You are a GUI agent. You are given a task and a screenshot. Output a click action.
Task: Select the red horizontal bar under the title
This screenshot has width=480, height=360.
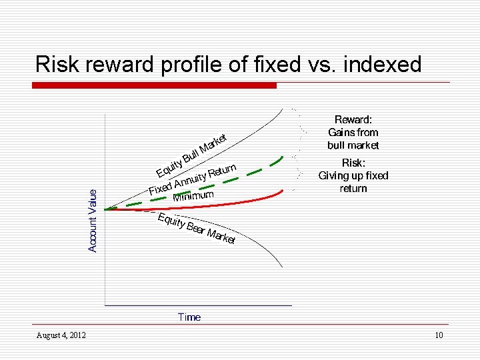[x=155, y=85]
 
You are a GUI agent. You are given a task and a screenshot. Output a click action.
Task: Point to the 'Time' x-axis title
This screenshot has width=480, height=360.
[x=189, y=317]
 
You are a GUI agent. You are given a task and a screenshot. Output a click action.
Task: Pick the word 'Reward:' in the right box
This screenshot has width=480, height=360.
[x=353, y=119]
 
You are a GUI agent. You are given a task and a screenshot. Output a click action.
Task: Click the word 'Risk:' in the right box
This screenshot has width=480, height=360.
[x=353, y=163]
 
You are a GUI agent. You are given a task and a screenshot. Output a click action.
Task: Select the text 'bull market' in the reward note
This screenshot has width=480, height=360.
[x=353, y=145]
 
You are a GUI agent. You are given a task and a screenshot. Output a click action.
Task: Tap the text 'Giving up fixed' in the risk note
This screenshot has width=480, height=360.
[x=353, y=175]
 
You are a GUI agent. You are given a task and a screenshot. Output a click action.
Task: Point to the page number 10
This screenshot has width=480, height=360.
[x=438, y=335]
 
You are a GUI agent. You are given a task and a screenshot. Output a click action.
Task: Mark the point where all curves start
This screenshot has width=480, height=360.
[x=105, y=209]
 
